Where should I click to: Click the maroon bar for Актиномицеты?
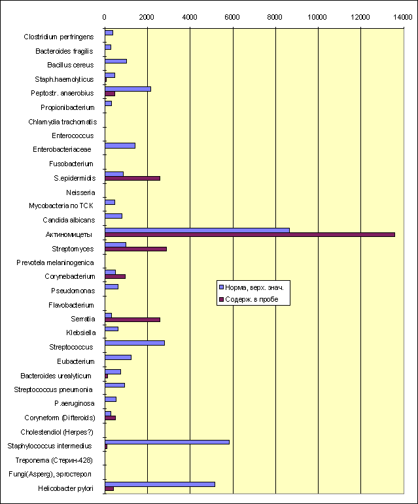[250, 234]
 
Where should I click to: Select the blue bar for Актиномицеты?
[197, 230]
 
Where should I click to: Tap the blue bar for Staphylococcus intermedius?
[167, 442]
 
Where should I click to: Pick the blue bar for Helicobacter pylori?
[160, 484]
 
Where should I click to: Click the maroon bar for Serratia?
[132, 319]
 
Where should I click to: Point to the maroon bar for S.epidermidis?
[132, 179]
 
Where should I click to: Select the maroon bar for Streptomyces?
[135, 249]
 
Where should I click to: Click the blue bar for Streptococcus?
[135, 343]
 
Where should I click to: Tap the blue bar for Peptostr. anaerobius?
[128, 89]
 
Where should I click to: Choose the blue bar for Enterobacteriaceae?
[120, 145]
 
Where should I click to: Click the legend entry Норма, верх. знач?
[252, 288]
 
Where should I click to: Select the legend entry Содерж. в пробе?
[249, 299]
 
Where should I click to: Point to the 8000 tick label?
[275, 17]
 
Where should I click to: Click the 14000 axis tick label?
[402, 17]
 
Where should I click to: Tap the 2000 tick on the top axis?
[147, 17]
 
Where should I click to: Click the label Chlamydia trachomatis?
[63, 122]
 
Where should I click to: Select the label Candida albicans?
[69, 220]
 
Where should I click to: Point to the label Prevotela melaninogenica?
[55, 263]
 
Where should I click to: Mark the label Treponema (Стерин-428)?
[54, 460]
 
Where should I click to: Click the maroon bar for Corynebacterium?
[115, 276]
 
